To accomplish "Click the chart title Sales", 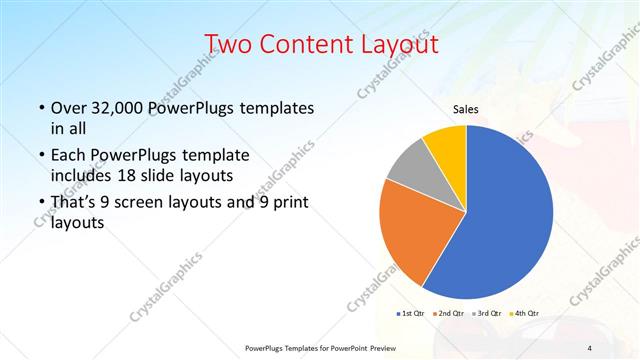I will pyautogui.click(x=466, y=108).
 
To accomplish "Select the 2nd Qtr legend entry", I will pyautogui.click(x=450, y=314).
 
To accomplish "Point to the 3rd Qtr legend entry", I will pyautogui.click(x=488, y=314).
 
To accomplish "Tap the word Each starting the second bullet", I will pyautogui.click(x=66, y=156).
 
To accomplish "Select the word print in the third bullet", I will pyautogui.click(x=286, y=203).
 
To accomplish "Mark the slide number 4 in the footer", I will pyautogui.click(x=590, y=347).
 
